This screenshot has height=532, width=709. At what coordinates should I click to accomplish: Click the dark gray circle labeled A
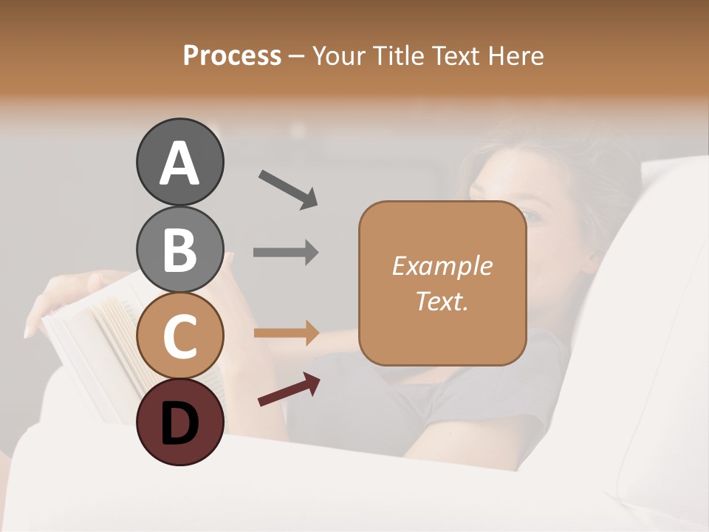pos(179,163)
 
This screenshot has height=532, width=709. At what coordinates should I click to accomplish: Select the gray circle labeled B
pos(179,250)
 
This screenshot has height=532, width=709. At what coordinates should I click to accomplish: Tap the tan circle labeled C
pos(179,335)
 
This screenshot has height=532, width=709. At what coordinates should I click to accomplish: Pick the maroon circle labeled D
pos(179,422)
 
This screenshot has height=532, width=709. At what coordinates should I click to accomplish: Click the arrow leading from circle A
pos(288,188)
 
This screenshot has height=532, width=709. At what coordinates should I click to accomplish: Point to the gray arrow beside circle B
pos(286,253)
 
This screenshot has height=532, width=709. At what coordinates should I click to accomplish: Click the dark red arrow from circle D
pos(289,389)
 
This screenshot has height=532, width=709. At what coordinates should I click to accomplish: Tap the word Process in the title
pos(232,55)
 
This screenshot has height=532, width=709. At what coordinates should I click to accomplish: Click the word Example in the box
pos(442,266)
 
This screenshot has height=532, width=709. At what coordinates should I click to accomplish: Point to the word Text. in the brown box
pos(442,301)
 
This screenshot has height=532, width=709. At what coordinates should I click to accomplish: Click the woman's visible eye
pos(531,216)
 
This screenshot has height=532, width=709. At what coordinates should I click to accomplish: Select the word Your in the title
pos(339,55)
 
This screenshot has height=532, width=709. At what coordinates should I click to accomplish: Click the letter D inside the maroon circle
pos(179,423)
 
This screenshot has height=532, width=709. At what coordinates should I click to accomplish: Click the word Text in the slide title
pos(456,55)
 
